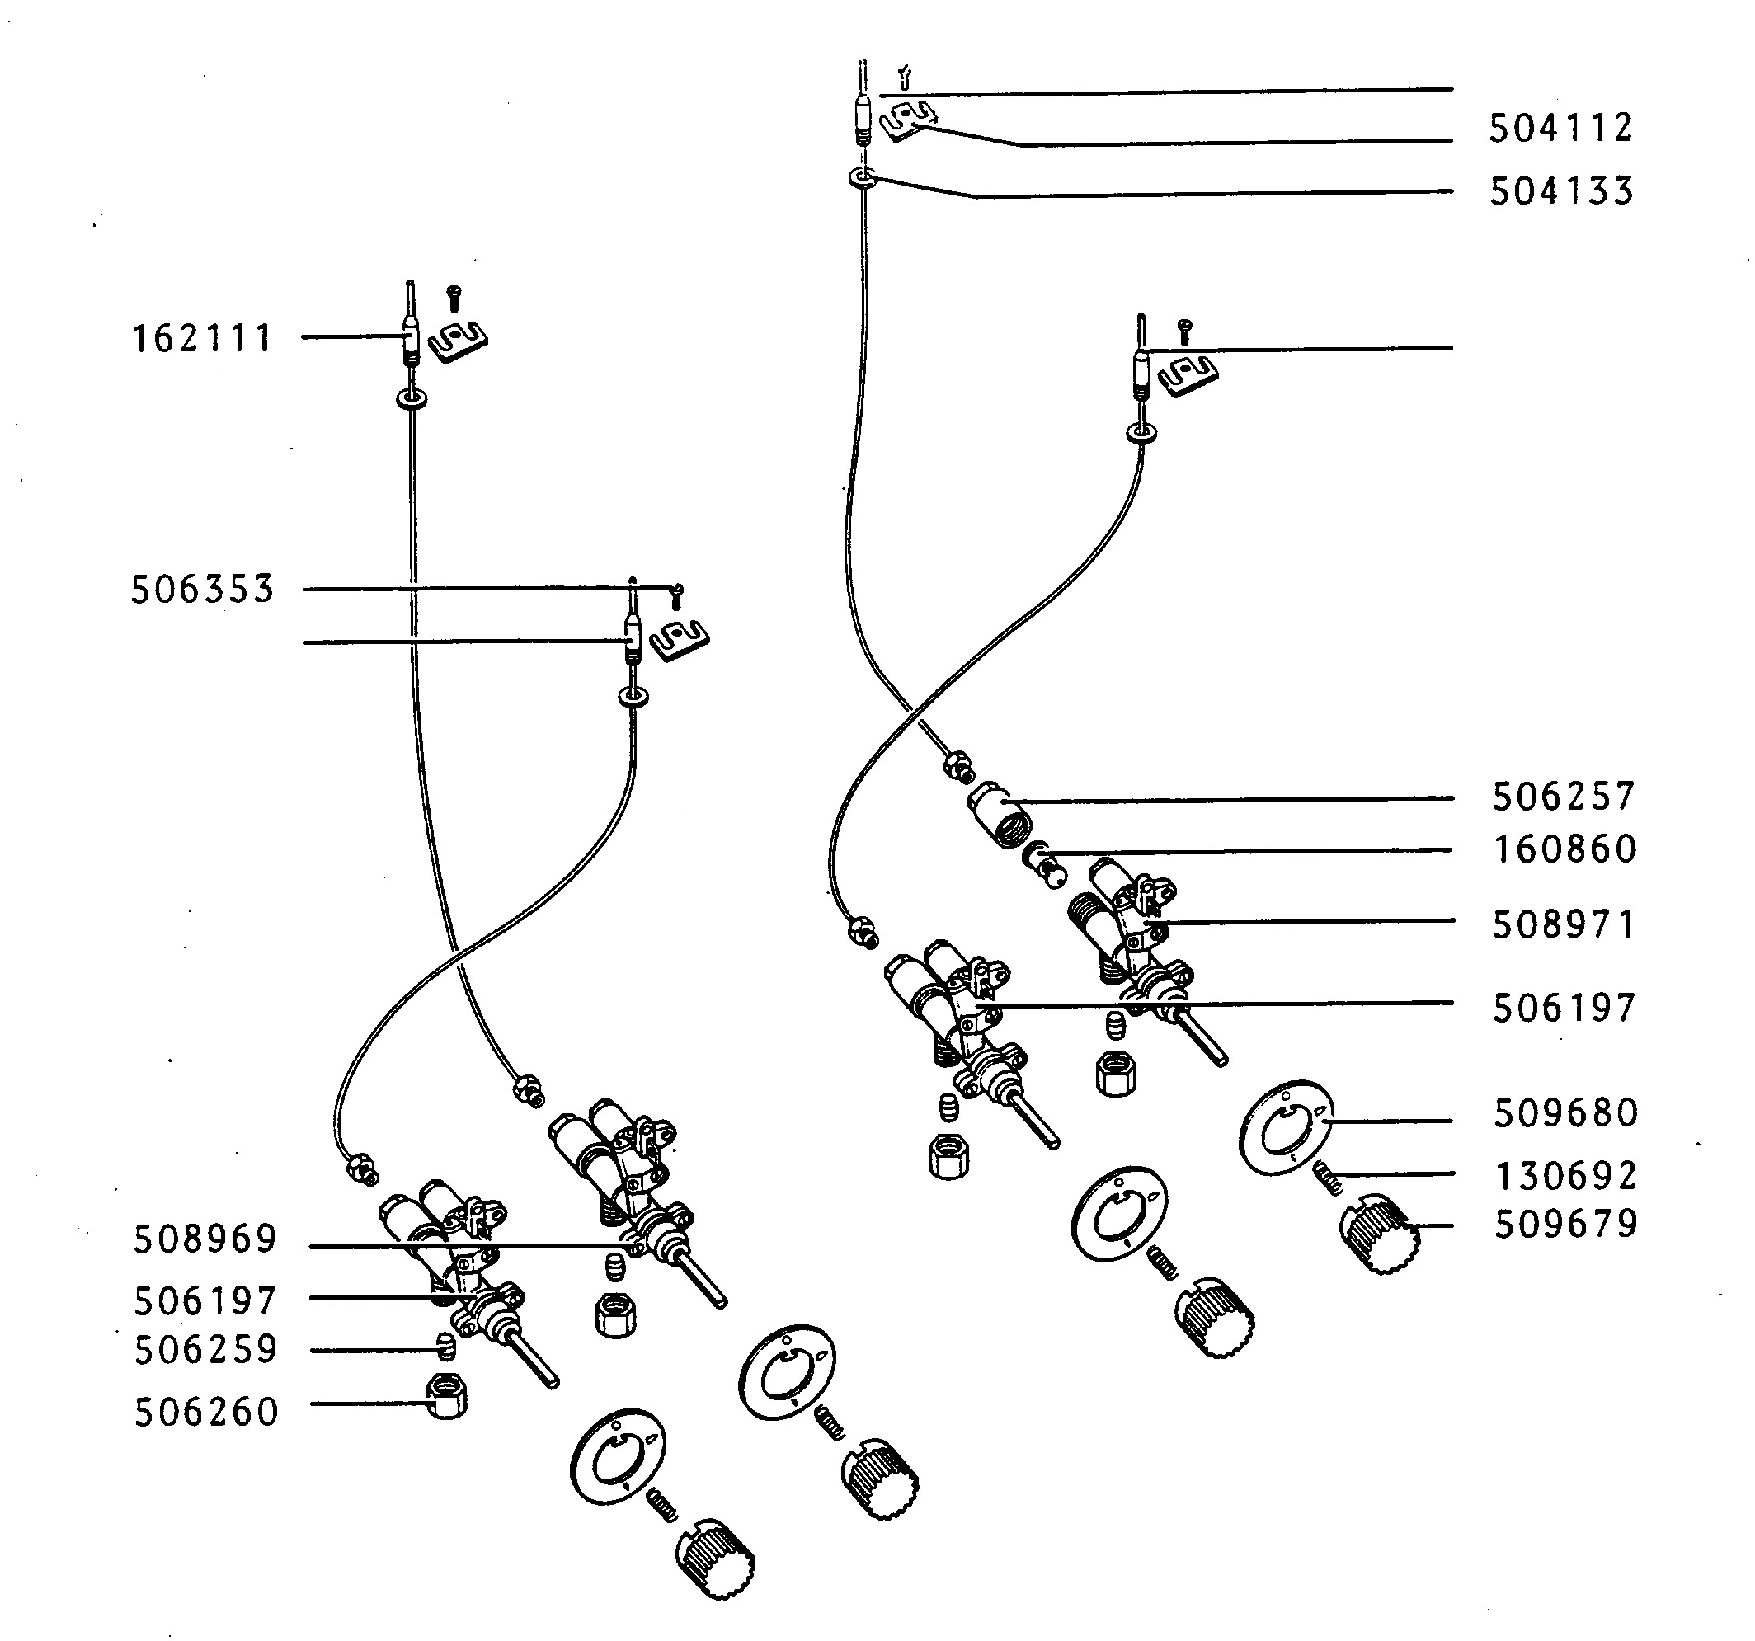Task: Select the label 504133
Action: (1562, 191)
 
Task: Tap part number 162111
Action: (202, 339)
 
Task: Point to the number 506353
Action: (203, 590)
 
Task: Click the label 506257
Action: (1564, 797)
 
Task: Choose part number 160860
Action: (1564, 849)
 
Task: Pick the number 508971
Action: (1564, 925)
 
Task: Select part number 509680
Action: (1565, 1113)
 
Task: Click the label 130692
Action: (1565, 1176)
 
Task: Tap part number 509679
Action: (1565, 1225)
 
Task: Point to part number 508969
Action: (205, 1239)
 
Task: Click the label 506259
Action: (205, 1350)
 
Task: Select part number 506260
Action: (205, 1413)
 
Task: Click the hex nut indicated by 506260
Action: (447, 1396)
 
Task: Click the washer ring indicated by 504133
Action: (863, 178)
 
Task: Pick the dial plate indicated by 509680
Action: (1287, 1127)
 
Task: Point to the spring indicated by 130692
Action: (1328, 1177)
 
